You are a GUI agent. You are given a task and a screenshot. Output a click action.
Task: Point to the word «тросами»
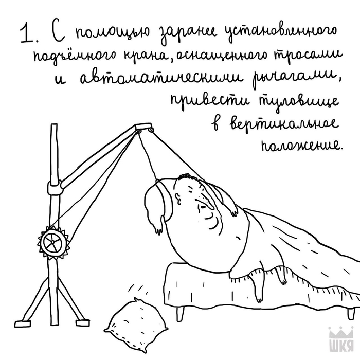[309, 54]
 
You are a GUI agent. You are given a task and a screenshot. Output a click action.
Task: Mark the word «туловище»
[299, 102]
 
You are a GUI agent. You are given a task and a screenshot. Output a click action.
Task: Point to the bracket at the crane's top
[143, 127]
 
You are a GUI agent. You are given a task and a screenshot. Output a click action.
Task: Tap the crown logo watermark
[341, 341]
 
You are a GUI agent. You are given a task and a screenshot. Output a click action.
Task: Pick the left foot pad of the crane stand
[22, 323]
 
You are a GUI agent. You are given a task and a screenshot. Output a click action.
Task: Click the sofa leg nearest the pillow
[180, 313]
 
